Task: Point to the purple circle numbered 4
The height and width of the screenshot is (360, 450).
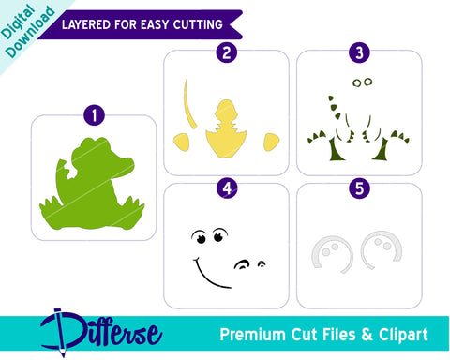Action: pos(224,186)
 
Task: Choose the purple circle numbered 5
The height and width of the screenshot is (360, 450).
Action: pos(358,186)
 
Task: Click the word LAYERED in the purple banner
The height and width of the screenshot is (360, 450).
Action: pos(86,23)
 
